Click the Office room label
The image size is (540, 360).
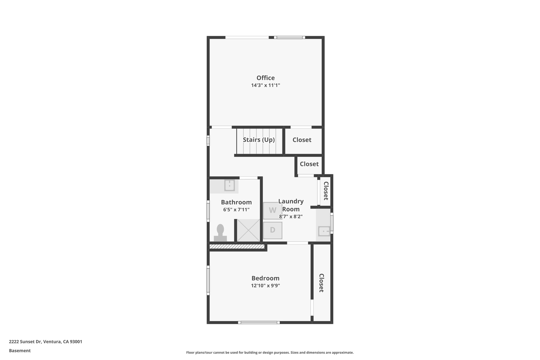(x=266, y=78)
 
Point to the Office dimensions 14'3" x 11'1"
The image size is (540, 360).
(x=266, y=85)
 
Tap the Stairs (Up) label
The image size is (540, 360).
(x=259, y=140)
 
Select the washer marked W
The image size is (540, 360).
(x=273, y=210)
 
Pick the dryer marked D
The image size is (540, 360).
(x=273, y=230)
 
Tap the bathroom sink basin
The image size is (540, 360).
(x=229, y=185)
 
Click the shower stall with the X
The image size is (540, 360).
(x=248, y=230)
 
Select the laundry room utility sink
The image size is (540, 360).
(x=324, y=232)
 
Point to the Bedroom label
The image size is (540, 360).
(x=265, y=278)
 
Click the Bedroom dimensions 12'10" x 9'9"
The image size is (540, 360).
(x=265, y=286)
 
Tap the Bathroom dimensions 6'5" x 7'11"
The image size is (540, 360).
(x=236, y=210)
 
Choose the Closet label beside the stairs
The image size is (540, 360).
(x=302, y=140)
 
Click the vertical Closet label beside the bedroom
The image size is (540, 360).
(x=321, y=283)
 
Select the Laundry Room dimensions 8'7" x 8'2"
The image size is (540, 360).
(x=291, y=217)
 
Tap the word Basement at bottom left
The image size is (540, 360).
(x=20, y=351)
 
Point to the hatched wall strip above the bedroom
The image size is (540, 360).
(x=237, y=246)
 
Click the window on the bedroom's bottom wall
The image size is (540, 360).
(x=259, y=322)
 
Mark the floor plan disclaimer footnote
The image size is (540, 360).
(x=270, y=352)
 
